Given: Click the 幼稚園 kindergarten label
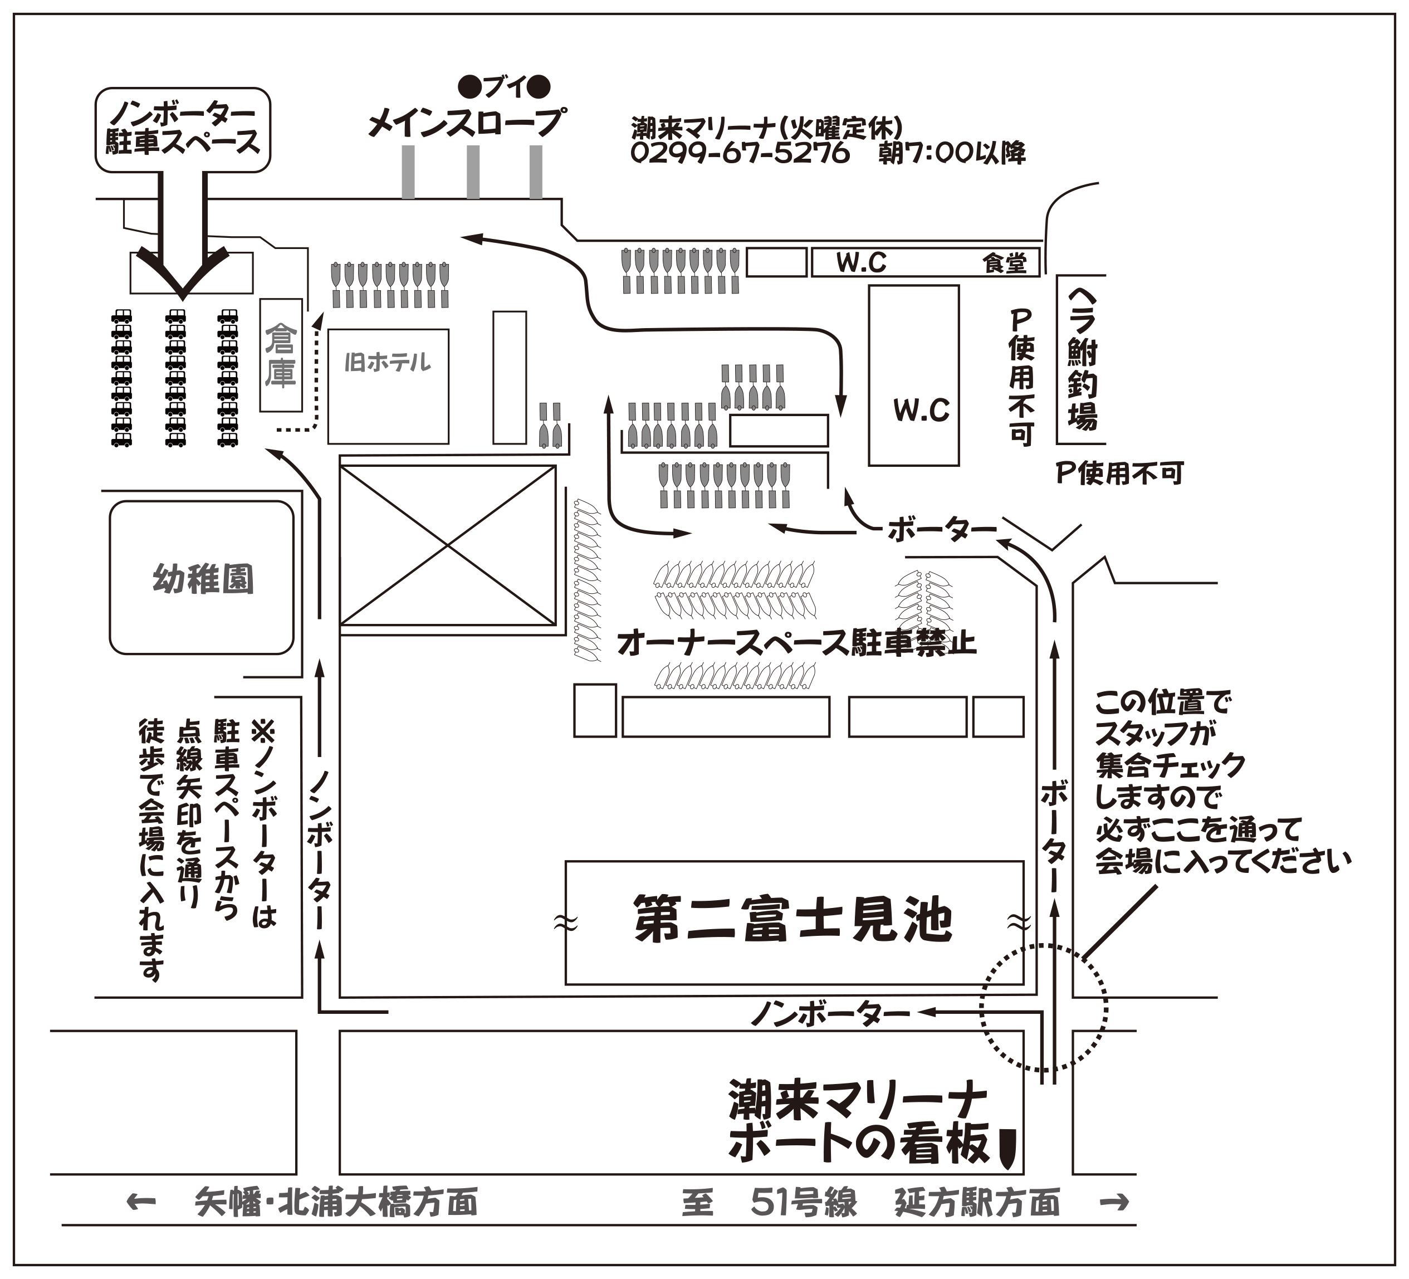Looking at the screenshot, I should (202, 579).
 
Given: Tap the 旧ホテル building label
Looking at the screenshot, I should (388, 362).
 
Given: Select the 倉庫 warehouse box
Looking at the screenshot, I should (281, 355).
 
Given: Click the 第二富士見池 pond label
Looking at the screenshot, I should (792, 920).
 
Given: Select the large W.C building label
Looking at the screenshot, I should (921, 410).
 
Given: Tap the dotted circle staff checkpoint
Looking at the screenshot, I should (1044, 1007).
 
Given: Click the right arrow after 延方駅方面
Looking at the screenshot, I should (1114, 1202).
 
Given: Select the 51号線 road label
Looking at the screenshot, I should (803, 1202).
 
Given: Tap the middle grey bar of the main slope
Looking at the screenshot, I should (473, 172).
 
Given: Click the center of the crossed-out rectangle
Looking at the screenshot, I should (447, 545).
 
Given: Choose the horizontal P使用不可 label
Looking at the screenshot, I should (1119, 473).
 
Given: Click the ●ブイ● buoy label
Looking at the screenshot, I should (504, 87).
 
